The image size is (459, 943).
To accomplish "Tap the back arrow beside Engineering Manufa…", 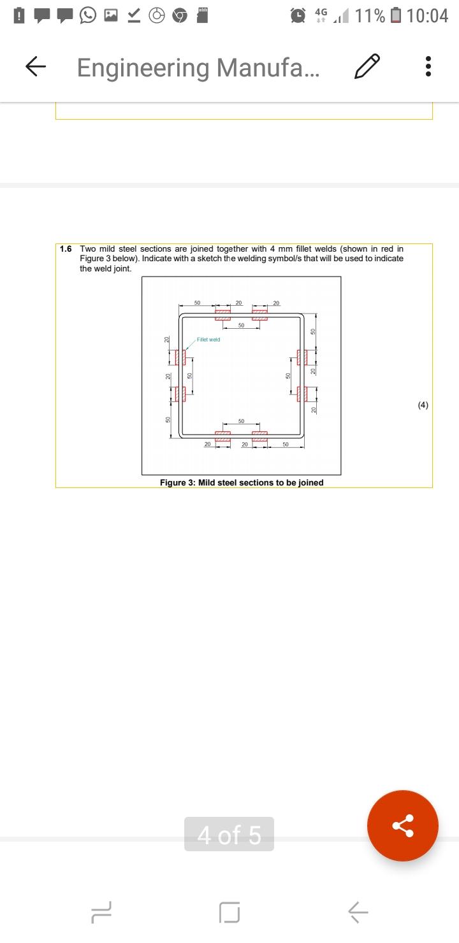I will click(36, 67).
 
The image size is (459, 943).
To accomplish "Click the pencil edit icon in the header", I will click(367, 67).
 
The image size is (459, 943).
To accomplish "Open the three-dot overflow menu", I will click(428, 67).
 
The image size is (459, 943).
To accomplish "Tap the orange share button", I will click(402, 826).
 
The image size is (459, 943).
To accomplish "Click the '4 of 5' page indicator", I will click(229, 834).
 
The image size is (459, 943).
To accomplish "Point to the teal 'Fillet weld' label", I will click(208, 340).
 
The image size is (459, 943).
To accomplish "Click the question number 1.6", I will click(66, 249).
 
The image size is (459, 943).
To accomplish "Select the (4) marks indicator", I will click(423, 405).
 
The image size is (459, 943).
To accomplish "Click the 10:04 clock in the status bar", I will click(427, 16).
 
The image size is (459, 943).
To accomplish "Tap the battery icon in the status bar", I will click(396, 15).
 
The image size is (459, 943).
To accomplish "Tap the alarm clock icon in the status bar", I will click(298, 15).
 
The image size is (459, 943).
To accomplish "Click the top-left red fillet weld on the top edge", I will click(222, 315).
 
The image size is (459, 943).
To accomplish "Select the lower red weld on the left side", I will click(180, 394).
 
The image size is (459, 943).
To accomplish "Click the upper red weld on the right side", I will click(302, 357).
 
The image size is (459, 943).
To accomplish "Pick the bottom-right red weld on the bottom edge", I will click(259, 436).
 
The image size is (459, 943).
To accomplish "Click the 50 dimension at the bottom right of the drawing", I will click(286, 444).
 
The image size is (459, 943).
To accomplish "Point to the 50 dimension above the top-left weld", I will click(197, 303).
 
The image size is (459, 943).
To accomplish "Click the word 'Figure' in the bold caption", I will click(173, 483).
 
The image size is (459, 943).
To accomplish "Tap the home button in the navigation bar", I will click(229, 912).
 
